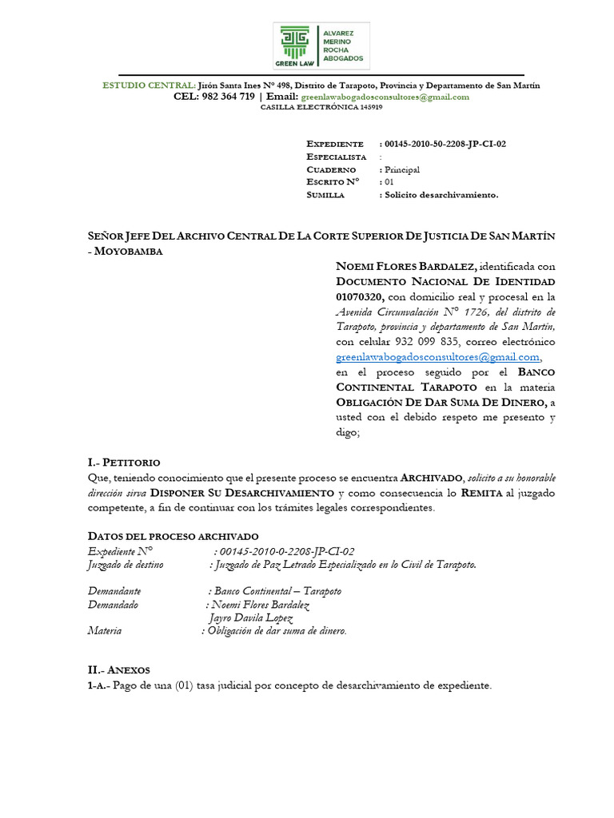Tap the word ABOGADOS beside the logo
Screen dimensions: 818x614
pyautogui.click(x=343, y=58)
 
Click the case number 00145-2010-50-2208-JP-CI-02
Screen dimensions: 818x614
pyautogui.click(x=445, y=144)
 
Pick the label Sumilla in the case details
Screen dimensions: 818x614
pyautogui.click(x=325, y=195)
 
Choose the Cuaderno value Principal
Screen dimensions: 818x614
pyautogui.click(x=401, y=169)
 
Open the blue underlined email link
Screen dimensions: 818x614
pyautogui.click(x=438, y=357)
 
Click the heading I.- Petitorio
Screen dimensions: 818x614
pyautogui.click(x=123, y=463)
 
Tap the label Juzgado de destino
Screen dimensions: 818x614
pyautogui.click(x=125, y=565)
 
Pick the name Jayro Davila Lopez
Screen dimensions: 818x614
pyautogui.click(x=250, y=618)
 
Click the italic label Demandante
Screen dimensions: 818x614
pyautogui.click(x=114, y=591)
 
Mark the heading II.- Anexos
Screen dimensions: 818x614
pyautogui.click(x=118, y=670)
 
